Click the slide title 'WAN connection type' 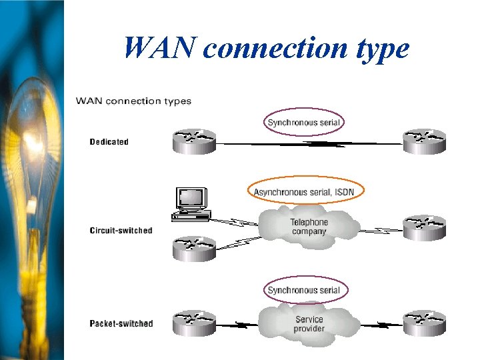click(266, 48)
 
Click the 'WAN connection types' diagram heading click(133, 101)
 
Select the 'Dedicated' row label click(109, 141)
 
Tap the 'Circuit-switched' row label click(121, 231)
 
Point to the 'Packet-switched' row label click(121, 323)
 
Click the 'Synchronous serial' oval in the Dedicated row click(303, 122)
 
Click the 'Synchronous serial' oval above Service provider click(303, 290)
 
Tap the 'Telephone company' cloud click(309, 227)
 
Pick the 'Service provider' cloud click(309, 324)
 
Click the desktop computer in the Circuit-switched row click(191, 204)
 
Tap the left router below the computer click(194, 247)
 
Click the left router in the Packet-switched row click(194, 323)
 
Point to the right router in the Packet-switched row click(424, 323)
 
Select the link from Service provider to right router click(380, 325)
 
